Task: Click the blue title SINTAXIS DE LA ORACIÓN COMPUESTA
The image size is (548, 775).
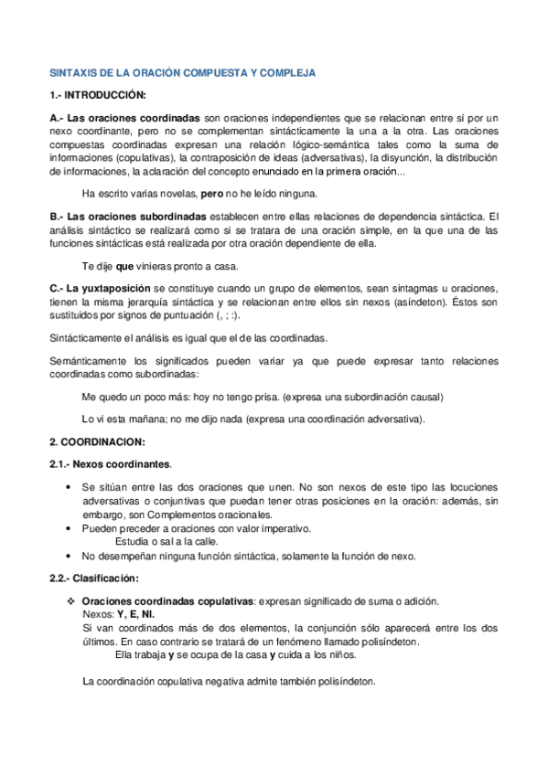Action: [x=182, y=70]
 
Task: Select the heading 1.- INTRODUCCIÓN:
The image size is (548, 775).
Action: [x=97, y=95]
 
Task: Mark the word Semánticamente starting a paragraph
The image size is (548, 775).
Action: [x=91, y=361]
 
